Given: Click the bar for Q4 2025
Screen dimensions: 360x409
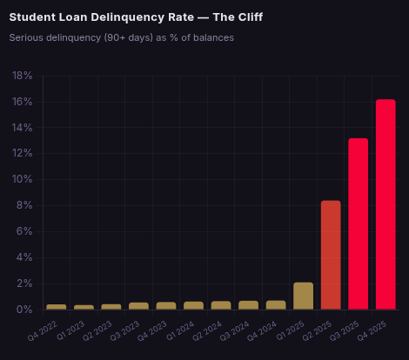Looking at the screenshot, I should tap(386, 204).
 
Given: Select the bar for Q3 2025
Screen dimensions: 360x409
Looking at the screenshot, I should tap(358, 223).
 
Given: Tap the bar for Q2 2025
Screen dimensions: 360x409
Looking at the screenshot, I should tap(331, 255).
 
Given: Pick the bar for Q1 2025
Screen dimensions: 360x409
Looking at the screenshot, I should tap(303, 296).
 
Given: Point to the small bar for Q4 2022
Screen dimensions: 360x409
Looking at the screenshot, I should tap(56, 307).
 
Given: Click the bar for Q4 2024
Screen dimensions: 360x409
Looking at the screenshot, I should tap(276, 305).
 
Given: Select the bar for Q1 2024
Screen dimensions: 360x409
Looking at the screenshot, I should tap(193, 305).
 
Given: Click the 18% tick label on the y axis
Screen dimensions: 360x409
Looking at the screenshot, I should tap(23, 76).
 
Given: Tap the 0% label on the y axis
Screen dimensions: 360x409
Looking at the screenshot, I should tap(26, 310).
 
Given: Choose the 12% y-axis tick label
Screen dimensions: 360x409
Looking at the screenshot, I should tap(23, 153).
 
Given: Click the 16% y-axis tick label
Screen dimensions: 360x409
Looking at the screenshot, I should tap(23, 102).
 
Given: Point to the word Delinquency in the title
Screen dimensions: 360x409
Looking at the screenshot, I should tap(124, 17).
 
